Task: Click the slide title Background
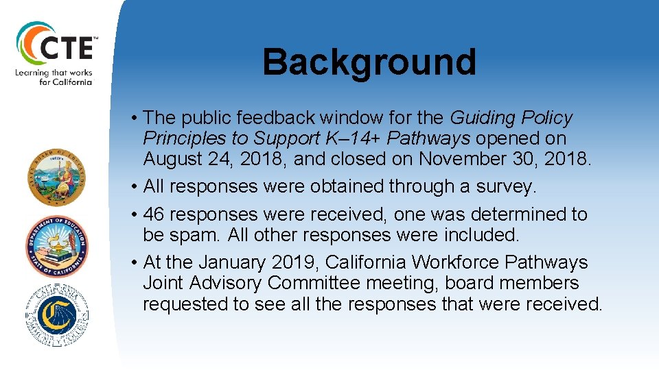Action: coord(369,62)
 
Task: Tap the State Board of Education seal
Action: coord(58,177)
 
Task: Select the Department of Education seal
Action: coord(58,245)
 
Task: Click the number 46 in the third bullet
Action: coord(155,214)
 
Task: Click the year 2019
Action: coord(297,262)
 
